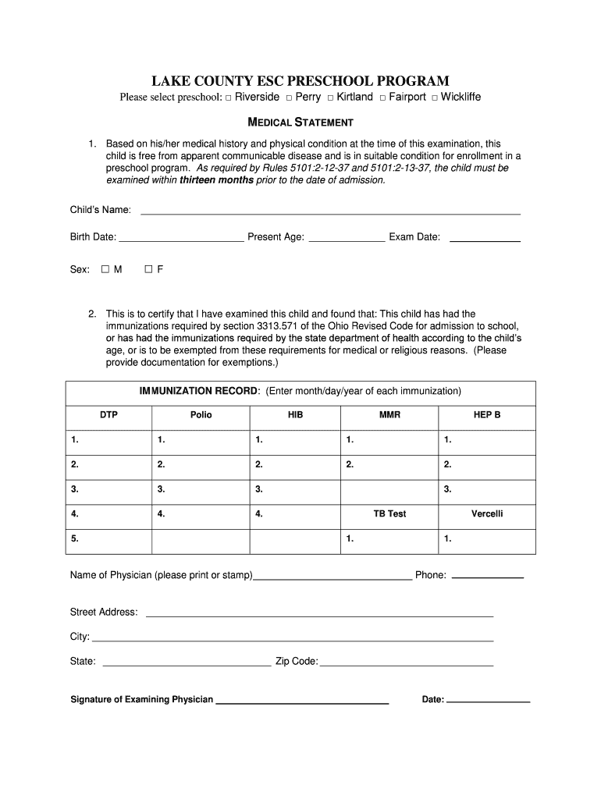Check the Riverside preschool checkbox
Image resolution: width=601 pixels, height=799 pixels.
229,98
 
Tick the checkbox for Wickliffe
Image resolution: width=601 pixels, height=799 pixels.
435,98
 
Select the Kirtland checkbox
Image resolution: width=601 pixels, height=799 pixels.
330,98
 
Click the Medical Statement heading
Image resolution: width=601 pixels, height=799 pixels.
300,123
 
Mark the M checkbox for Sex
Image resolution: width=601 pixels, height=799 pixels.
105,269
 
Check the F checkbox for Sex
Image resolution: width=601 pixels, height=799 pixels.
148,269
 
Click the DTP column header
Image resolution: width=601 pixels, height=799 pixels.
108,415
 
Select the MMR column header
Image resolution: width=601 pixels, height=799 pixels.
389,415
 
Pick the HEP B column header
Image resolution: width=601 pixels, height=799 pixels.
487,415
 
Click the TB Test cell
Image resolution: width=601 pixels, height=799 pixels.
389,514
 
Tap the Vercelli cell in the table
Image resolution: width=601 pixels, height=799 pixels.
487,514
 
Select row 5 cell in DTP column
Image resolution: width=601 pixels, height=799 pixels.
108,539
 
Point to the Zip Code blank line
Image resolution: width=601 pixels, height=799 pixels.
406,664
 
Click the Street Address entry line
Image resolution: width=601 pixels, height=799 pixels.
319,615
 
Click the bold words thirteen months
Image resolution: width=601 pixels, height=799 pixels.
216,179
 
